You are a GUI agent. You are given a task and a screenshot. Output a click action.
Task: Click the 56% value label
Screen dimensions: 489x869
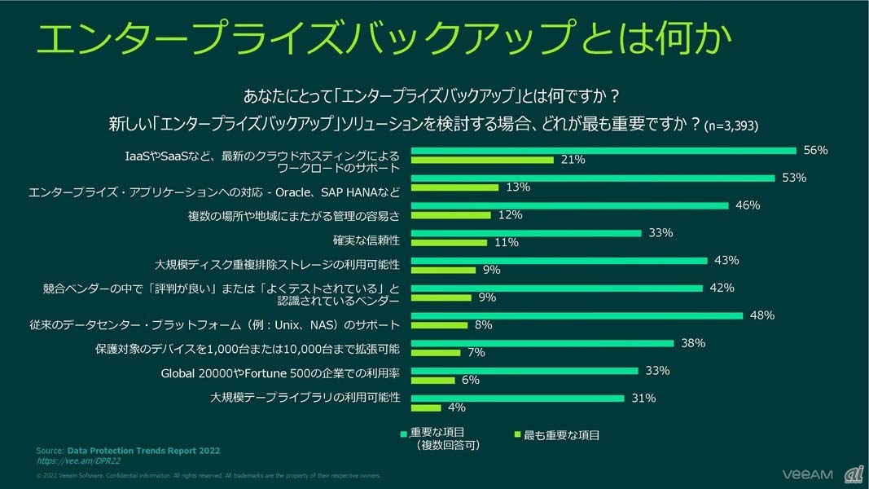point(815,150)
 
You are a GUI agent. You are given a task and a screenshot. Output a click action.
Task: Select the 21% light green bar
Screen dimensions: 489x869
point(482,161)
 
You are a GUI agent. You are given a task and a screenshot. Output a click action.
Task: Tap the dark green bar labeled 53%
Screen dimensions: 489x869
point(592,178)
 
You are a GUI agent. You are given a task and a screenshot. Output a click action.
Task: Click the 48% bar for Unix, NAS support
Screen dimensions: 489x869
point(576,315)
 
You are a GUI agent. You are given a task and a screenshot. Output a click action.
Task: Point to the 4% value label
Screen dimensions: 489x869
point(457,407)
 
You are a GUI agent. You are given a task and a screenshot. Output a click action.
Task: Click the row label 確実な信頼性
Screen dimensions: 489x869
point(366,241)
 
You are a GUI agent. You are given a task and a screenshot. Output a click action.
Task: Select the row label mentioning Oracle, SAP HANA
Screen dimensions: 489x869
point(214,192)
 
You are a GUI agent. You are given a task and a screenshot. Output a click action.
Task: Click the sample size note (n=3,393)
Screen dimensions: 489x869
point(732,126)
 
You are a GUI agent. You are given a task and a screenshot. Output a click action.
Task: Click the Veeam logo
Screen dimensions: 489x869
point(808,474)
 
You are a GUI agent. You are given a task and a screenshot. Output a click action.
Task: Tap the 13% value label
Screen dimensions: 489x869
point(518,187)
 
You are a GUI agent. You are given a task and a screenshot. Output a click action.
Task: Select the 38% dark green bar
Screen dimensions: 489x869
point(542,343)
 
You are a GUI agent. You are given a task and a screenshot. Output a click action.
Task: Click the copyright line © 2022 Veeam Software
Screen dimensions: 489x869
point(208,475)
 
